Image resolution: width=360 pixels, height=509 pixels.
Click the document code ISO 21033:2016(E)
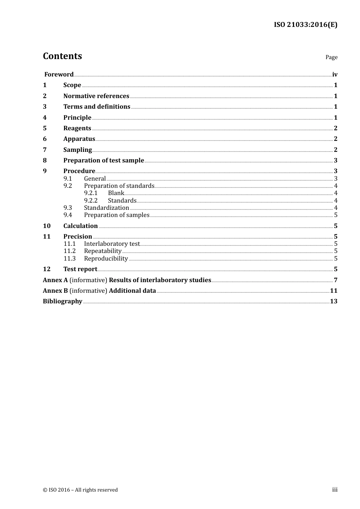pos(305,25)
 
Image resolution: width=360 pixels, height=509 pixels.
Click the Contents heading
pos(62,56)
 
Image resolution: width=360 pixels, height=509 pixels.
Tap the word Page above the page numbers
pos(331,57)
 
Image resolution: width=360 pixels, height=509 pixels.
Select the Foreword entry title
pos(59,74)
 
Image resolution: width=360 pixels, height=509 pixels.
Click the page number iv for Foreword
pos(335,74)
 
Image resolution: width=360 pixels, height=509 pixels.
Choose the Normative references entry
pos(96,96)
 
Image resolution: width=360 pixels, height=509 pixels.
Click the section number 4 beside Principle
pos(45,117)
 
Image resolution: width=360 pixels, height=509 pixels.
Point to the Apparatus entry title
pos(79,139)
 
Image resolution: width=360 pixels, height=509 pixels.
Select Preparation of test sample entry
pos(103,160)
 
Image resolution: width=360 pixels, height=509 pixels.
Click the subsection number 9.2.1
pos(91,193)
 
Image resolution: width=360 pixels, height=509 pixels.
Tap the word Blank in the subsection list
pos(116,193)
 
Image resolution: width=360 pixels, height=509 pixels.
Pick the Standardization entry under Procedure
pos(106,208)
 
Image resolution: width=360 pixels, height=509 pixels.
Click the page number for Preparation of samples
pos(335,215)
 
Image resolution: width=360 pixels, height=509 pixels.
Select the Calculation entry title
pos(80,226)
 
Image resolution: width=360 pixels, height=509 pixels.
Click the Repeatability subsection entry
pos(103,251)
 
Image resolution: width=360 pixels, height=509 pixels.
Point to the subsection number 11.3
pos(69,258)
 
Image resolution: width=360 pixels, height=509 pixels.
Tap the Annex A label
pos(55,280)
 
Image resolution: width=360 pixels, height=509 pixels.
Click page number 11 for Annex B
pos(333,290)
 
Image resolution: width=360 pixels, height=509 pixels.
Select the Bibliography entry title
pos(63,301)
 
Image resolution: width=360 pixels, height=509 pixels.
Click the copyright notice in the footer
pos(80,490)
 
